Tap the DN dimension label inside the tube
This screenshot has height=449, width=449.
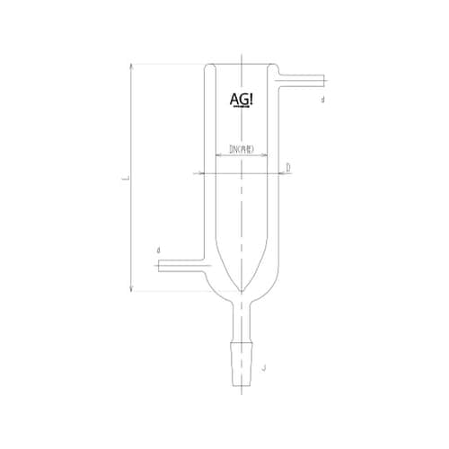(x=240, y=147)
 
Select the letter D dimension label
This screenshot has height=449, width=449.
(x=288, y=168)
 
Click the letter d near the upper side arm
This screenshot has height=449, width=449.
(x=321, y=101)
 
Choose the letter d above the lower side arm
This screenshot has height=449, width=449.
(x=158, y=250)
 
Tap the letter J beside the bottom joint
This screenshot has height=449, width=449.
(x=264, y=368)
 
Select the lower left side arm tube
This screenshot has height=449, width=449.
(x=184, y=266)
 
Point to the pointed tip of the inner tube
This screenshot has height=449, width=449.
(x=240, y=289)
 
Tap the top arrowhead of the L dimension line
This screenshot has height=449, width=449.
(x=132, y=66)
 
